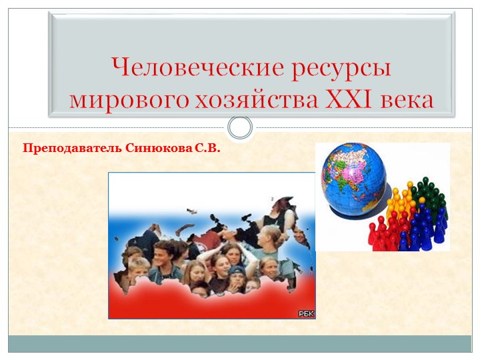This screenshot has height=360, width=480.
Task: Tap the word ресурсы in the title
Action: [339, 69]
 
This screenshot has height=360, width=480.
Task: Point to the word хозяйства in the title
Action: [256, 101]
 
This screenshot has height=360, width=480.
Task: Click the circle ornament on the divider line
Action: [240, 127]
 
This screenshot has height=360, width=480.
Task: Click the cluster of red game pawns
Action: [382, 233]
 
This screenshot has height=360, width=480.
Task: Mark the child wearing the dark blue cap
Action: [238, 275]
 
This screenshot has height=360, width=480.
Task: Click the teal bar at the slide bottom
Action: [240, 344]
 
